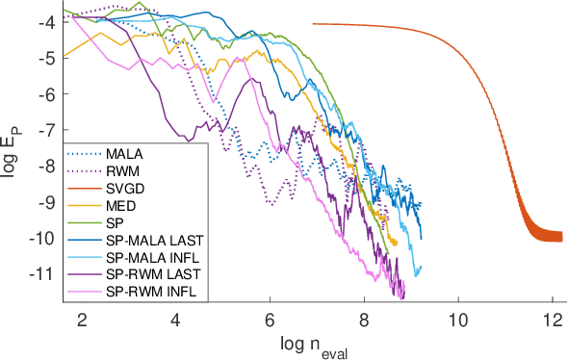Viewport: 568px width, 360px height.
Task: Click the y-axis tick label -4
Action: pos(48,22)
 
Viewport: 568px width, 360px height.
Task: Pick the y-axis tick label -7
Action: pos(48,130)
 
